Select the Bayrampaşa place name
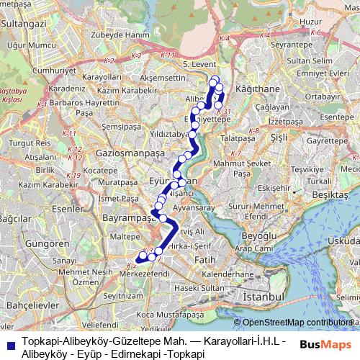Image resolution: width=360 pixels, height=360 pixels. (x=124, y=216)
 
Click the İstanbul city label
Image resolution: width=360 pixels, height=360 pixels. (x=264, y=297)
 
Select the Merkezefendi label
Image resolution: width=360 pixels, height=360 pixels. (x=145, y=274)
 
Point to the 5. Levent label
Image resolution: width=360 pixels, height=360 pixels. (x=196, y=64)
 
